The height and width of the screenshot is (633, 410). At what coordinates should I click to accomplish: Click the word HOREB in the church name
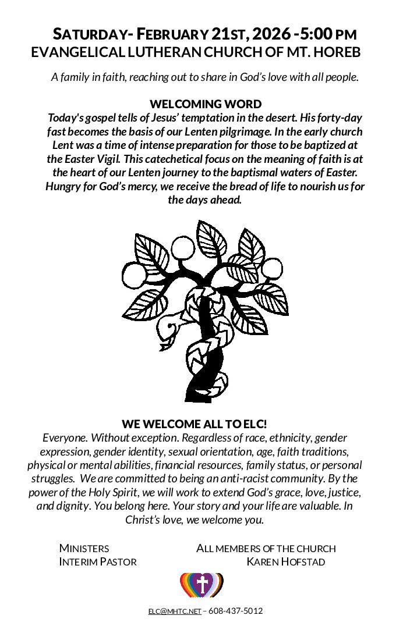click(x=337, y=52)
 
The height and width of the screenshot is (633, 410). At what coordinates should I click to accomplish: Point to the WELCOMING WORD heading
click(x=206, y=104)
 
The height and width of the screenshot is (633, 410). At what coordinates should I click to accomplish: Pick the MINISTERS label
click(x=84, y=549)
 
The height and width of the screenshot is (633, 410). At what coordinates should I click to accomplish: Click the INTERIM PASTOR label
click(x=98, y=562)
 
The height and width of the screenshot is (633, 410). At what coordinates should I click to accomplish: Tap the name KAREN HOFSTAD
click(x=285, y=562)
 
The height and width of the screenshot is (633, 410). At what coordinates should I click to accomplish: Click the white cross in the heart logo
click(x=202, y=584)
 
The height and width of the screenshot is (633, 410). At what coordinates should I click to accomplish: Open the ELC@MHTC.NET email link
click(x=174, y=611)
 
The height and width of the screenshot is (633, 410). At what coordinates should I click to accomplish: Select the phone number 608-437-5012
click(x=235, y=611)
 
